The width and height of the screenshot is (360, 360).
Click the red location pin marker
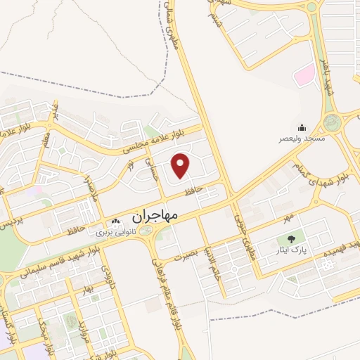coord(181,165)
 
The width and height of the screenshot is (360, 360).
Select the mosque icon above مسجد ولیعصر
coord(302,127)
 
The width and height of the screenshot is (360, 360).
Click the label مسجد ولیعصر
coord(302,139)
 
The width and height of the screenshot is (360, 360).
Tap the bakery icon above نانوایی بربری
coord(115,223)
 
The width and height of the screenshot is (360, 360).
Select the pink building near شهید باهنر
coord(303,74)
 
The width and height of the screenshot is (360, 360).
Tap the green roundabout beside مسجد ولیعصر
coord(332,122)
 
